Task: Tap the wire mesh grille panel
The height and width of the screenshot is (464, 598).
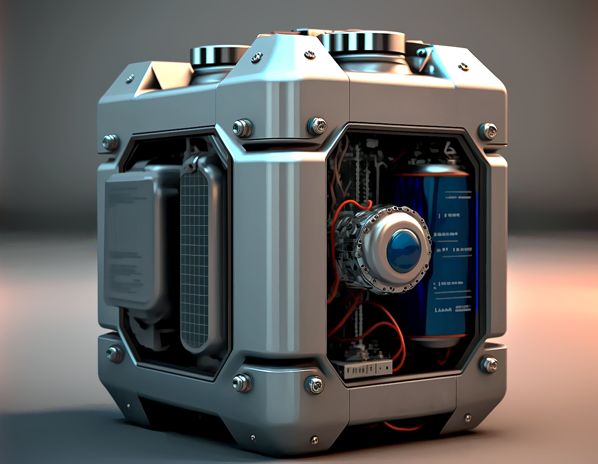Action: [194, 260]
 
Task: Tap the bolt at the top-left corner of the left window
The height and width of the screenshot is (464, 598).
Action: [110, 142]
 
